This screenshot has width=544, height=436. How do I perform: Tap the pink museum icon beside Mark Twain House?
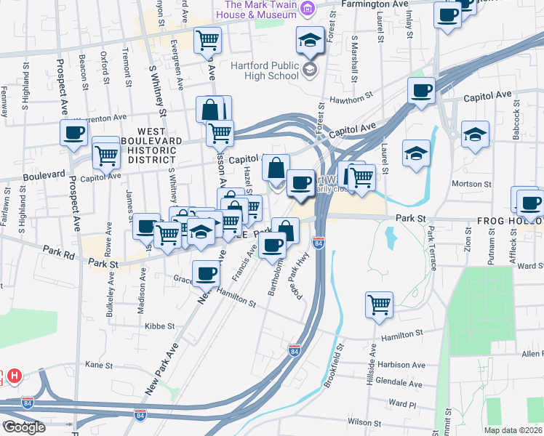308,9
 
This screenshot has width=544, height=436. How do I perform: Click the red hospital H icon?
13,376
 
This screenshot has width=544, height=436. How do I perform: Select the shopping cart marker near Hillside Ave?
380,305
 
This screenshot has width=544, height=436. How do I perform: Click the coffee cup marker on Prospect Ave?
74,134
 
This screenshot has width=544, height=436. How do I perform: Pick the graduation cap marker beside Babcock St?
475,134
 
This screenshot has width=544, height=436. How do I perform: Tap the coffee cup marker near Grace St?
207,274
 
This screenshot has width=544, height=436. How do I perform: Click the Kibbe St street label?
161,326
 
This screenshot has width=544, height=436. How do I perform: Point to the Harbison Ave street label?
401,365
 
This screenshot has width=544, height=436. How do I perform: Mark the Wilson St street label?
364,421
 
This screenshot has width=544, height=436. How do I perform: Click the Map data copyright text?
513,430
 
